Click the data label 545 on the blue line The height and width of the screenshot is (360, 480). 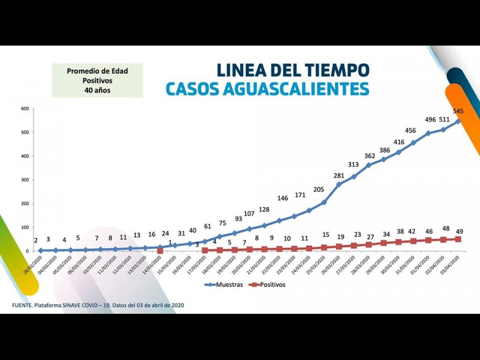(458, 111)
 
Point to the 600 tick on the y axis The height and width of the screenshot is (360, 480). (25, 109)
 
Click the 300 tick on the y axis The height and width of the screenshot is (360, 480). (25, 180)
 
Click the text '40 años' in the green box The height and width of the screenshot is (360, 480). (97, 91)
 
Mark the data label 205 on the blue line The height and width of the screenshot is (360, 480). (319, 190)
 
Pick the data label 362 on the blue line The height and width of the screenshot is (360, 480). (369, 156)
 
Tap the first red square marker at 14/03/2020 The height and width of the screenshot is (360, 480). (160, 251)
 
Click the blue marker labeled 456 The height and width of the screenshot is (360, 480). (413, 143)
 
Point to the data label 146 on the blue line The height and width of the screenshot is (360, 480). (283, 199)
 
